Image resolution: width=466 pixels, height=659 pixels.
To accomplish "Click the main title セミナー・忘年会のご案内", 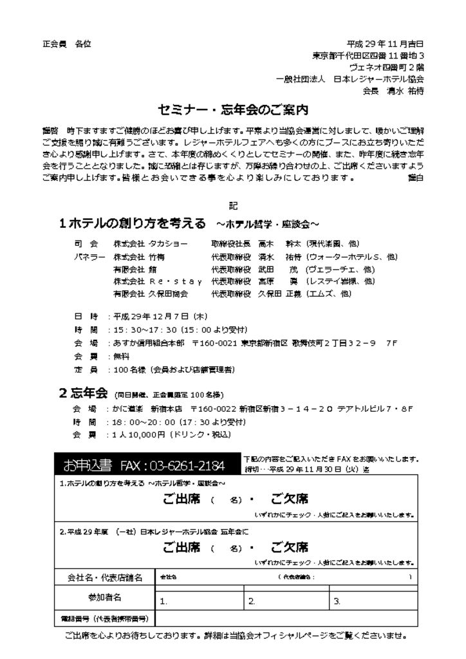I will [x=234, y=107].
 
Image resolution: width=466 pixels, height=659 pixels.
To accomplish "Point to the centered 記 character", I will [x=233, y=205].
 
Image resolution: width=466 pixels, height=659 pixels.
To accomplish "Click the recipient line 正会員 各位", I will [x=67, y=44].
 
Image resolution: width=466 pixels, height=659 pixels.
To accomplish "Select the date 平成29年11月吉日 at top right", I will [x=385, y=44].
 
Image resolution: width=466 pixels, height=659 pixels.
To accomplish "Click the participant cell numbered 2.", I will [x=287, y=602].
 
